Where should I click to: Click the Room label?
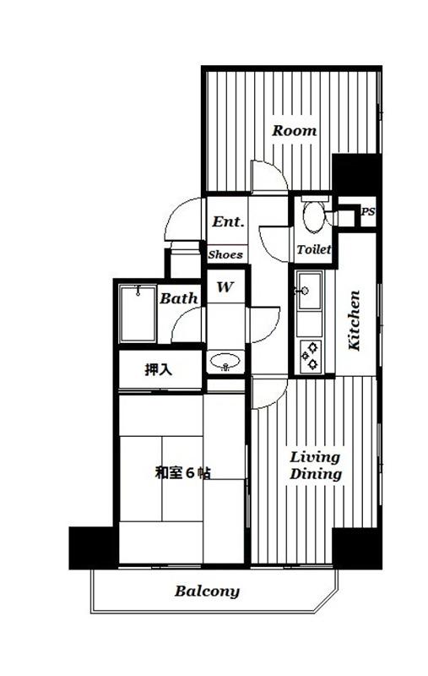pyautogui.click(x=294, y=130)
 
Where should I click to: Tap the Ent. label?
pyautogui.click(x=228, y=221)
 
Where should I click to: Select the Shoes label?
pyautogui.click(x=225, y=254)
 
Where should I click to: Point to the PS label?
pyautogui.click(x=368, y=212)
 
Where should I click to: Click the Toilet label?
pyautogui.click(x=313, y=249)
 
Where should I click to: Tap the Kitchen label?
pyautogui.click(x=354, y=320)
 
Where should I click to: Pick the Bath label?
pyautogui.click(x=179, y=298)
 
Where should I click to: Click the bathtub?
pyautogui.click(x=138, y=313)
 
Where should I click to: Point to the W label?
pyautogui.click(x=225, y=286)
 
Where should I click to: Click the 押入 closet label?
pyautogui.click(x=159, y=369)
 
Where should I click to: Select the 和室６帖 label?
pyautogui.click(x=182, y=473)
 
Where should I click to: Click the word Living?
pyautogui.click(x=315, y=457)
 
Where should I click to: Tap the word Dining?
pyautogui.click(x=316, y=474)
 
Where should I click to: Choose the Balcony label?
pyautogui.click(x=207, y=591)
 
